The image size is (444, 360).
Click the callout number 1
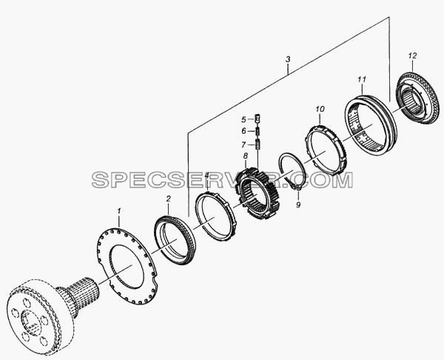click(119, 211)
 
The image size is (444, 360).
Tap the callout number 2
click(168, 199)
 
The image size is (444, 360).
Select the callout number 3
click(288, 59)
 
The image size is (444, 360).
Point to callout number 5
click(243, 119)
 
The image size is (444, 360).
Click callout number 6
click(243, 131)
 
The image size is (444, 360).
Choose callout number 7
click(243, 145)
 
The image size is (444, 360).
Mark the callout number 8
click(245, 156)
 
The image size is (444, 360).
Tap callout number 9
click(298, 204)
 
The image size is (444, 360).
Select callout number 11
click(362, 80)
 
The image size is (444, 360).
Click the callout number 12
click(413, 56)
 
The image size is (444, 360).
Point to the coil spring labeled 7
click(258, 144)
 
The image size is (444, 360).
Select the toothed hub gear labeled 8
click(257, 193)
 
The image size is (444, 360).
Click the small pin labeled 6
click(258, 131)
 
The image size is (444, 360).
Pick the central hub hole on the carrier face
click(30, 322)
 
